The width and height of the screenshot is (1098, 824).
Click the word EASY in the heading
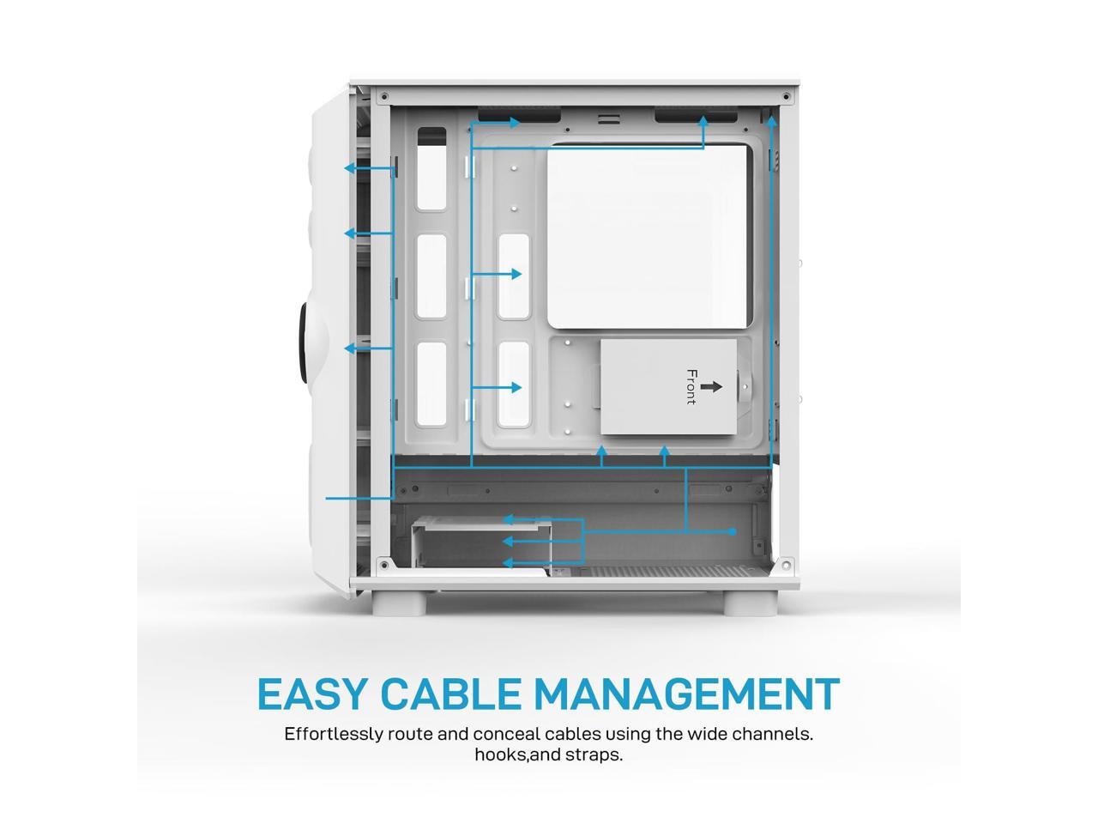click(x=313, y=694)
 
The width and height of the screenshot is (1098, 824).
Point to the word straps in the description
click(x=594, y=755)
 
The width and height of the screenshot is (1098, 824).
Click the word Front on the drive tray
click(x=691, y=387)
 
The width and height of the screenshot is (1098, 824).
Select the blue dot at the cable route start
click(x=733, y=532)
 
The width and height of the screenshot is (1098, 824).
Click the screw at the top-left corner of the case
click(x=383, y=95)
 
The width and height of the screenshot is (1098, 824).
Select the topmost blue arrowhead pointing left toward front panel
click(x=350, y=168)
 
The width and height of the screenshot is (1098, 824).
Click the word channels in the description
click(x=768, y=735)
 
